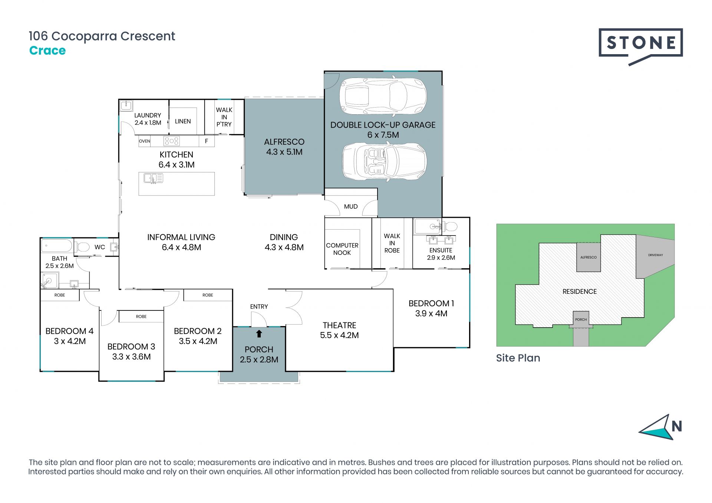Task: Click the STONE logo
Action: pos(640,46)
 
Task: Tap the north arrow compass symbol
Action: pos(660,427)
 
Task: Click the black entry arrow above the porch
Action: pos(259,334)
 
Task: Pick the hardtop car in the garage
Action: pos(383,96)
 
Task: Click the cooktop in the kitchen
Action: pos(172,141)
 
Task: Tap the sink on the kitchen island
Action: pos(153,179)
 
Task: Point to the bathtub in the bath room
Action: pos(57,246)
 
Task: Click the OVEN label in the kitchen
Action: pos(145,141)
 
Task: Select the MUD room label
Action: pos(351,207)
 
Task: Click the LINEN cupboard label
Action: pos(183,121)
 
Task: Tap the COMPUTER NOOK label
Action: pos(342,249)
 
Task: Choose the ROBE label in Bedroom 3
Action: pos(141,316)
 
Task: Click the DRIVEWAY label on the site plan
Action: pos(656,255)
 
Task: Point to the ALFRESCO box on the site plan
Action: pos(589,257)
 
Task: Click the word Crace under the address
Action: pos(47,50)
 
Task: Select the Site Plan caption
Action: pos(518,358)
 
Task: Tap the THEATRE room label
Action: pos(339,325)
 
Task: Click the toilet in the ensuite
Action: pos(450,226)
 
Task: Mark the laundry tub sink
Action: pos(126,105)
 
